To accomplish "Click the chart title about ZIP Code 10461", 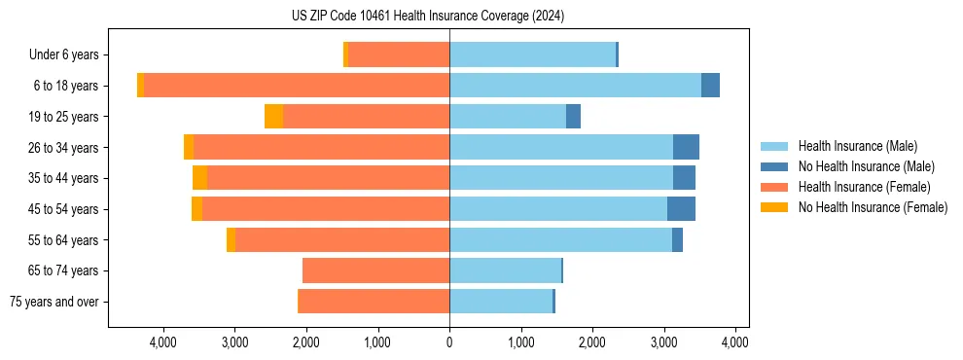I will pyautogui.click(x=428, y=17).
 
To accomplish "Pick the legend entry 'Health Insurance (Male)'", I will pyautogui.click(x=857, y=146).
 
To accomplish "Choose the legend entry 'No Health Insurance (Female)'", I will pyautogui.click(x=873, y=207).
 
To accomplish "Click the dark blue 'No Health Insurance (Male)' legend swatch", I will pyautogui.click(x=774, y=166).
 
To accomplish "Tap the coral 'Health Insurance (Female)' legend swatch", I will pyautogui.click(x=774, y=187).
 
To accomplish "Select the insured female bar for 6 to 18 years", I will pyautogui.click(x=297, y=86).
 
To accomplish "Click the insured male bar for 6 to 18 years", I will pyautogui.click(x=575, y=86).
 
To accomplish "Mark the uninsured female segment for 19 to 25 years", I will pyautogui.click(x=273, y=117).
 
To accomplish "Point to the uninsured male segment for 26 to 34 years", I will pyautogui.click(x=686, y=147).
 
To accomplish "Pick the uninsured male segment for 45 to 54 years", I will pyautogui.click(x=681, y=209).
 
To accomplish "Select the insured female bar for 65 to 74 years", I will pyautogui.click(x=375, y=270).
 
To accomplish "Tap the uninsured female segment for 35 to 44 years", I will pyautogui.click(x=199, y=178).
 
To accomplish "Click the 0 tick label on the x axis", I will pyautogui.click(x=449, y=342).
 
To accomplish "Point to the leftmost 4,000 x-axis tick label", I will pyautogui.click(x=162, y=342).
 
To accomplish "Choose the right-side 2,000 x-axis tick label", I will pyautogui.click(x=592, y=342).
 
